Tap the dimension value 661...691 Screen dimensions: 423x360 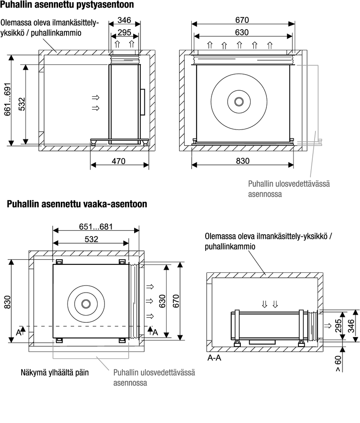pyautogui.click(x=8, y=100)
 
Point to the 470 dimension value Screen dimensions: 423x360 pyautogui.click(x=119, y=161)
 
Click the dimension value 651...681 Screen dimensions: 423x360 pyautogui.click(x=95, y=227)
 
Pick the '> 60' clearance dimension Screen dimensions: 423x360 pyautogui.click(x=338, y=363)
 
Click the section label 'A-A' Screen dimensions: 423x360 pyautogui.click(x=214, y=359)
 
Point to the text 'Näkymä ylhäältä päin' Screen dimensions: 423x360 pyautogui.click(x=54, y=373)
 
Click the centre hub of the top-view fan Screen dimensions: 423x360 pyautogui.click(x=85, y=303)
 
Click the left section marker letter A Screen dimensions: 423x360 pyautogui.click(x=18, y=333)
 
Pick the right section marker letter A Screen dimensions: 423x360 pyautogui.click(x=154, y=332)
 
